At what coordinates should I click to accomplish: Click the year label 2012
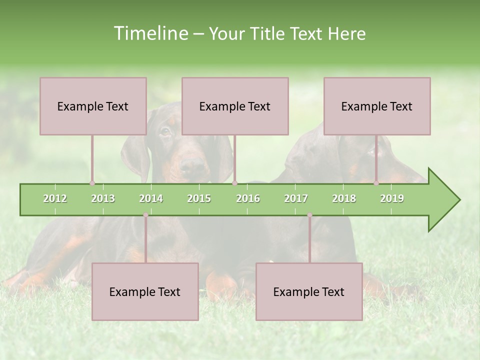(x=55, y=199)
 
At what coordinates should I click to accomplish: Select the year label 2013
(x=103, y=199)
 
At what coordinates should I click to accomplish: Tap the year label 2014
(x=151, y=199)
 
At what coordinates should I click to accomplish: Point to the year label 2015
(x=199, y=199)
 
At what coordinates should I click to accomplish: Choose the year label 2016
(x=248, y=199)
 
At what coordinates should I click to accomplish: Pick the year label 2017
(x=296, y=199)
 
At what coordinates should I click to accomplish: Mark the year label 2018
(x=344, y=199)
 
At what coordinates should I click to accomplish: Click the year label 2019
(x=392, y=199)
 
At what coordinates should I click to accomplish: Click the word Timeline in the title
(x=150, y=33)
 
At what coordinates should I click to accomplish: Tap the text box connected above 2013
(x=93, y=106)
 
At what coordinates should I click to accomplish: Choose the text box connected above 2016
(x=235, y=106)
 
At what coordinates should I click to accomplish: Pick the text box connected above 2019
(x=377, y=106)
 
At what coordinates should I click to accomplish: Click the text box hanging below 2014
(x=145, y=291)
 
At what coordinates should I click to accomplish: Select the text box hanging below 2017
(x=309, y=291)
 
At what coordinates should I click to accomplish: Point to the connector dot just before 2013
(x=92, y=183)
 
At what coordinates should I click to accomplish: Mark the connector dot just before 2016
(x=234, y=183)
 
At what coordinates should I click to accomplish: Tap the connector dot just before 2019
(x=376, y=183)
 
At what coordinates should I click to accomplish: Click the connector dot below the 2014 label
(x=145, y=215)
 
